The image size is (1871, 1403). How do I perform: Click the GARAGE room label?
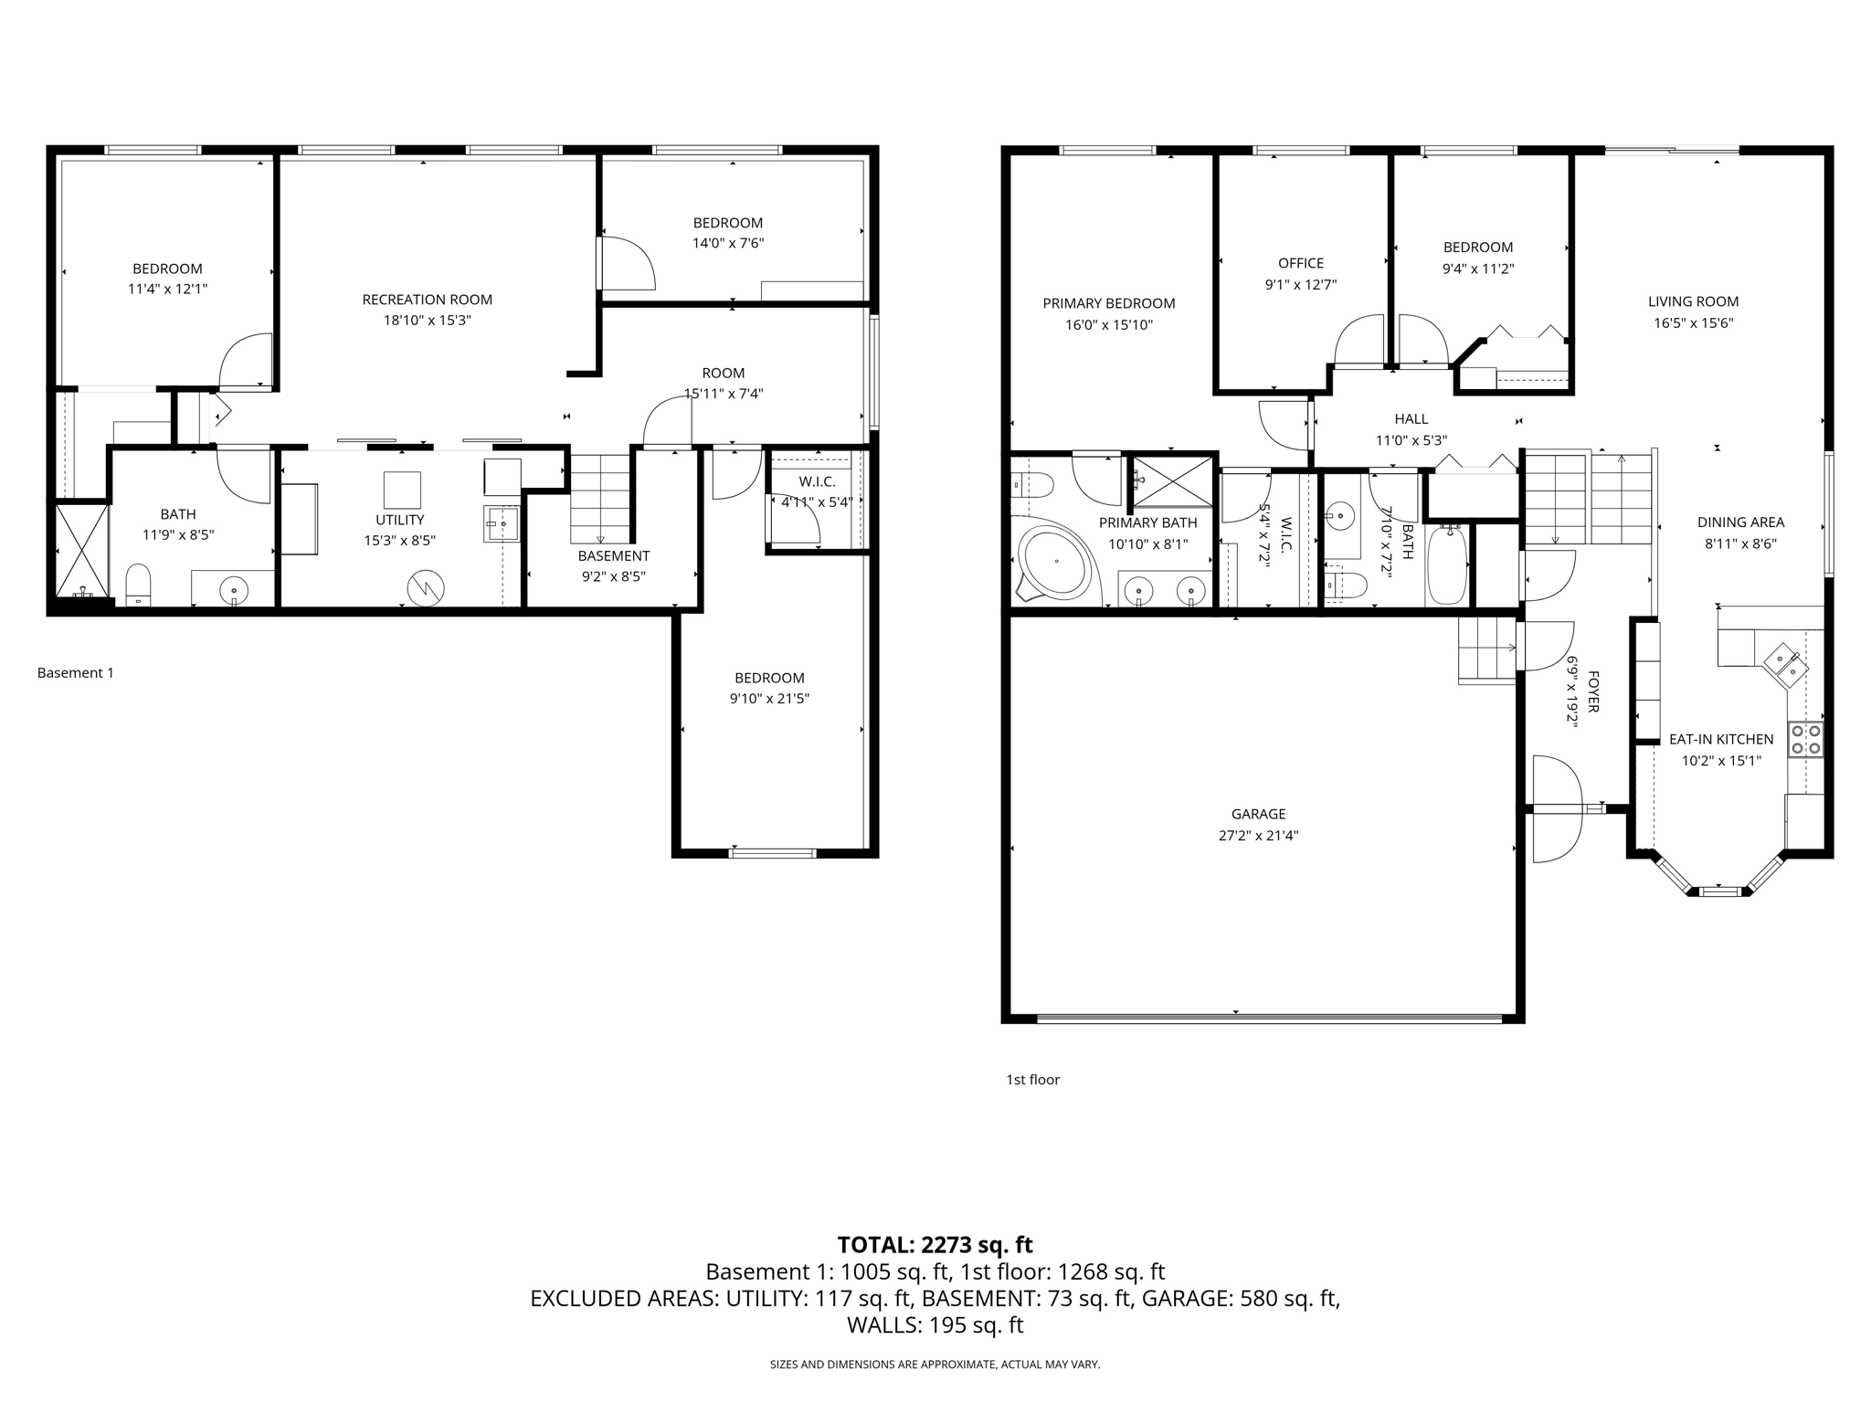click(x=1258, y=814)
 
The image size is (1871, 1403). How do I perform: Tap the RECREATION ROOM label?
click(x=427, y=300)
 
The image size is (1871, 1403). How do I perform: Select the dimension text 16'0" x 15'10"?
click(x=1109, y=324)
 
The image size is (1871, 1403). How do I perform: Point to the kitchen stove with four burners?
click(x=1805, y=739)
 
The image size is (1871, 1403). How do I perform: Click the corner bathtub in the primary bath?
click(x=1055, y=562)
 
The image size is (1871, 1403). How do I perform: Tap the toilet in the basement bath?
click(x=138, y=585)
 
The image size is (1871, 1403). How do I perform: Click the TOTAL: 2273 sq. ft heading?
click(x=935, y=1244)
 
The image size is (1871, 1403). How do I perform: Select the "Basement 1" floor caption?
click(x=76, y=673)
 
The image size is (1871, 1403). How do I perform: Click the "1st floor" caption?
click(x=1032, y=1080)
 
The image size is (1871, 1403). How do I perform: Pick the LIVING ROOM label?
click(x=1693, y=301)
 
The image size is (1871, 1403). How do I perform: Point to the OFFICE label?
click(x=1301, y=263)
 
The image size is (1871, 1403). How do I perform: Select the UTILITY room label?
click(x=400, y=520)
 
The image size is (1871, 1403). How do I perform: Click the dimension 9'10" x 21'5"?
click(x=769, y=699)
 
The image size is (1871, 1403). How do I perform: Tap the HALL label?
click(x=1411, y=419)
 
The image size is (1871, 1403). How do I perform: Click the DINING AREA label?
click(x=1740, y=522)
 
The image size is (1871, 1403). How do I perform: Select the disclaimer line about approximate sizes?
click(x=935, y=1365)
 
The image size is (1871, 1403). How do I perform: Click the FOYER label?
click(x=1592, y=691)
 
